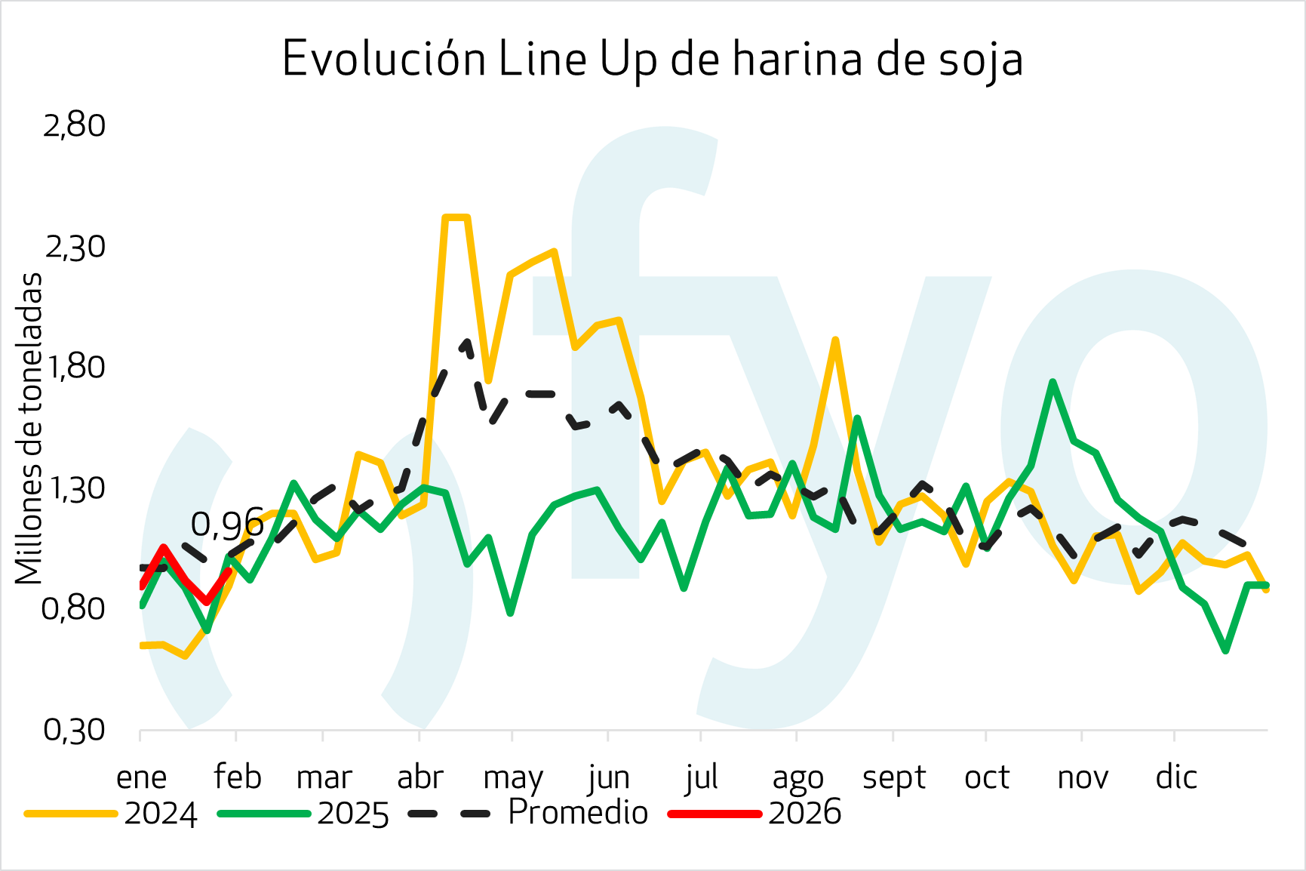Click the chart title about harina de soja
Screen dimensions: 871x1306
(x=653, y=59)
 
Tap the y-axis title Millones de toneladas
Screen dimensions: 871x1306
(x=29, y=428)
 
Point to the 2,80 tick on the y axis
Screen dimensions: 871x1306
(x=75, y=125)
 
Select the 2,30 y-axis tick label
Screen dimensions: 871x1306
(x=75, y=247)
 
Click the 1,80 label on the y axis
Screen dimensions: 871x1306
(x=75, y=367)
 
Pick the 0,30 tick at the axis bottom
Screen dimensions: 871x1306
(x=75, y=730)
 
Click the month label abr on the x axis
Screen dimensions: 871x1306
(x=420, y=777)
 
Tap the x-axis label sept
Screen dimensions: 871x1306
(x=894, y=777)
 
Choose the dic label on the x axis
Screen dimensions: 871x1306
(x=1176, y=777)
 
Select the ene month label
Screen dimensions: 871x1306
(x=141, y=777)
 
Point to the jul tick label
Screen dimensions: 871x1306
(x=701, y=777)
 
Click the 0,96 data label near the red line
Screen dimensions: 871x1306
(x=227, y=525)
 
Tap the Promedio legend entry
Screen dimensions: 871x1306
(x=578, y=813)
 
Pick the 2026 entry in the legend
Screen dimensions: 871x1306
(x=804, y=813)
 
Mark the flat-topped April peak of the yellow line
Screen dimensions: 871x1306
(x=456, y=217)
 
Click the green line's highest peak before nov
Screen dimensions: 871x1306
(x=1052, y=382)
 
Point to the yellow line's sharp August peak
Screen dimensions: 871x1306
(x=835, y=340)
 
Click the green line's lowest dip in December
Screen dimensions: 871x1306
(x=1225, y=650)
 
